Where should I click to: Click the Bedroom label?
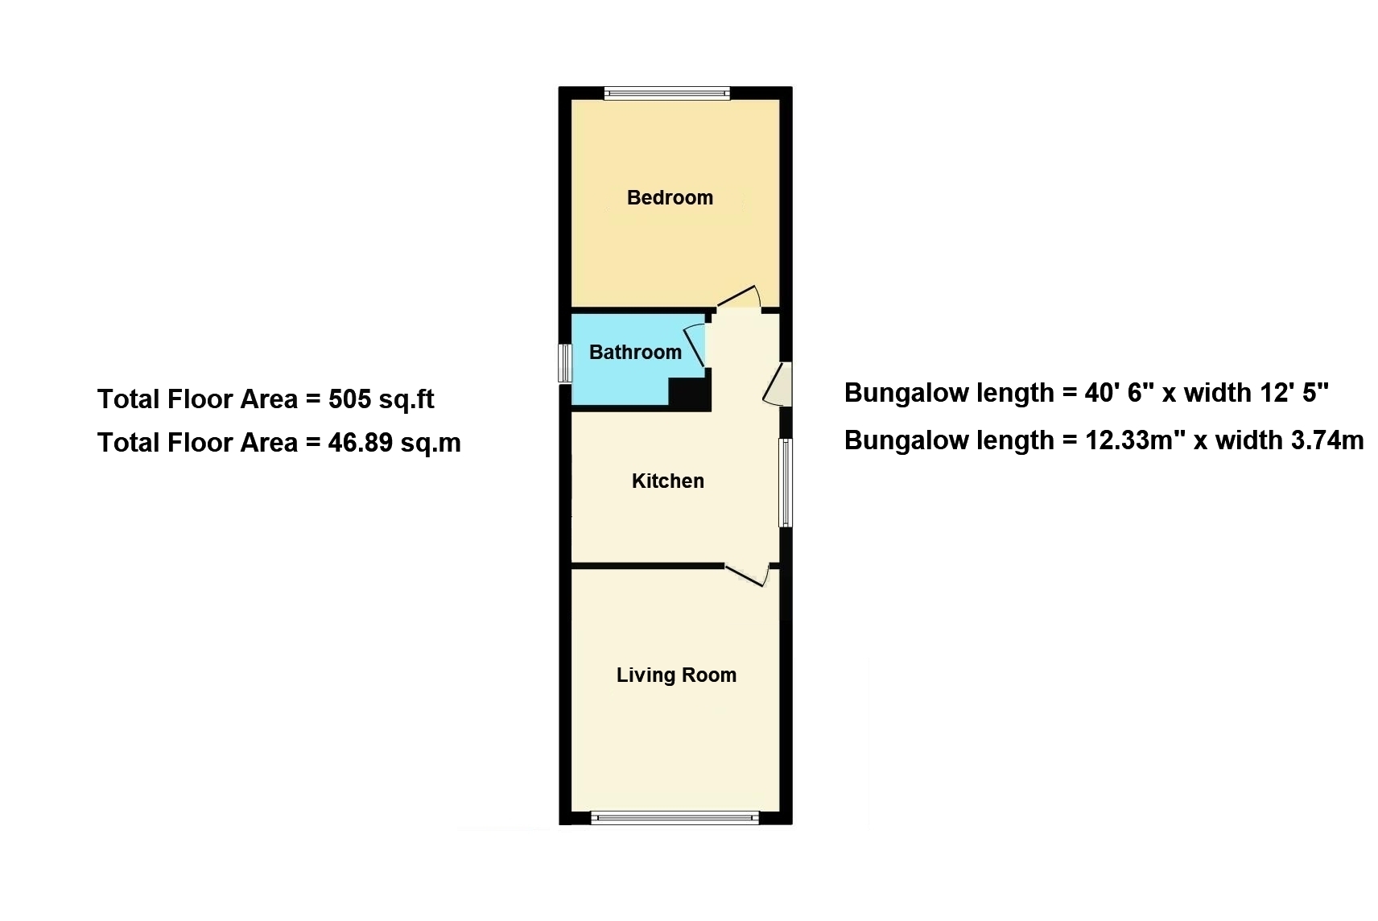pos(670,197)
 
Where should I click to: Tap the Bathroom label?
pos(636,352)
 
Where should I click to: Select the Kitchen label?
pos(668,481)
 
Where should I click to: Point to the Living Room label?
pos(677,675)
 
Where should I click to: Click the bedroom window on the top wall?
pos(666,93)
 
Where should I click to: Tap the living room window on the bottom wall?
pos(675,818)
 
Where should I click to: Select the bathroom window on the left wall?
pos(565,363)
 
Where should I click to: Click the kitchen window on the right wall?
pos(786,482)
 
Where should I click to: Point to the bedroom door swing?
pos(739,296)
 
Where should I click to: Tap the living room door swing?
pos(748,576)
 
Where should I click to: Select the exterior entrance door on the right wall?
pos(778,384)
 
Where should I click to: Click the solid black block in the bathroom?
pos(690,394)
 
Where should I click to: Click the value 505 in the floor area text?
pos(350,399)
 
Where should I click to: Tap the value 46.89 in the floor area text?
pos(360,442)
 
